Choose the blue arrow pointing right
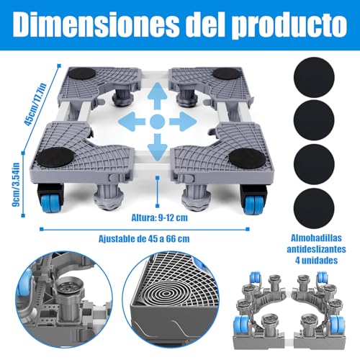[x=184, y=120]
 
